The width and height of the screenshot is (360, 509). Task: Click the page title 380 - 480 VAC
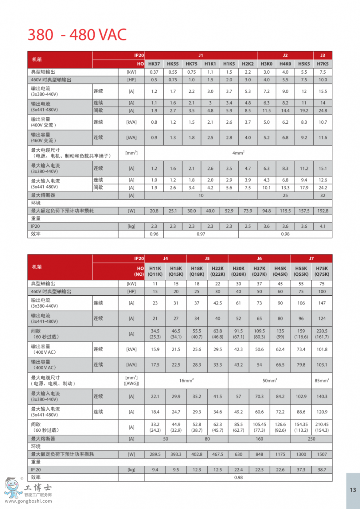(x=77, y=35)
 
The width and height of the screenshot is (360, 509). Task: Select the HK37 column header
(x=154, y=64)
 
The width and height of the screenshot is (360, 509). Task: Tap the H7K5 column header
(x=322, y=64)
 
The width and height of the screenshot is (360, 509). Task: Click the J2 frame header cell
(x=285, y=56)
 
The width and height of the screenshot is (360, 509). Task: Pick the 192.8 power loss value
(x=322, y=211)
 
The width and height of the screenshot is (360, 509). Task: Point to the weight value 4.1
(x=322, y=226)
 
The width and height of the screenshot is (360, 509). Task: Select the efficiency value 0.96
(x=154, y=234)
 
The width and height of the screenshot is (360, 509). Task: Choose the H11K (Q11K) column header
(x=155, y=271)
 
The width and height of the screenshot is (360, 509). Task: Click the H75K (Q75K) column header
(x=322, y=271)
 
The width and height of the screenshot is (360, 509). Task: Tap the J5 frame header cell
(x=207, y=259)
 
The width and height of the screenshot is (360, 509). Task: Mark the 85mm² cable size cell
(x=322, y=381)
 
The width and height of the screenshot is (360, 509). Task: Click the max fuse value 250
(x=311, y=439)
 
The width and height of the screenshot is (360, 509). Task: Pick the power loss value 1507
(x=322, y=454)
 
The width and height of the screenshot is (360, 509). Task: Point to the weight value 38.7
(x=322, y=470)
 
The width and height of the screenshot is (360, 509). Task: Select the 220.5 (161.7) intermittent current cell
(x=322, y=334)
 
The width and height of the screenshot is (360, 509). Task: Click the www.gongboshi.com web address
(x=28, y=501)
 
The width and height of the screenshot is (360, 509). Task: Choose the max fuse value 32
(x=322, y=196)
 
